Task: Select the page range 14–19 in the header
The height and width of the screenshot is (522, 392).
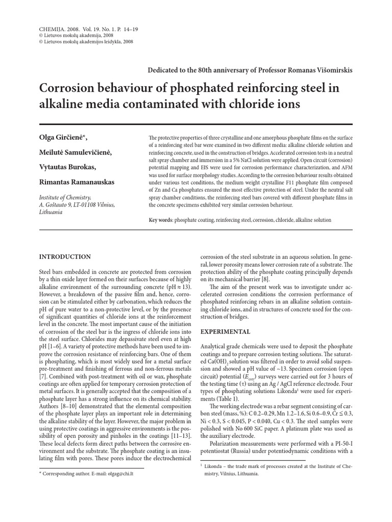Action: tap(128, 30)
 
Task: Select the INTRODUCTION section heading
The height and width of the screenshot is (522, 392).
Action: tap(65, 256)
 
